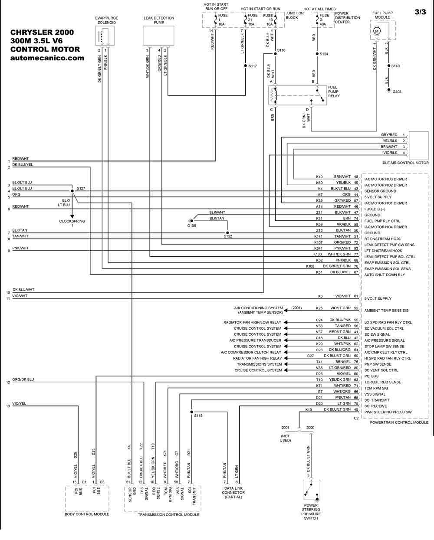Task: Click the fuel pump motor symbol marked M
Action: (x=376, y=31)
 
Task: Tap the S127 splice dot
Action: (x=72, y=191)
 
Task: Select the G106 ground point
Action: (x=192, y=221)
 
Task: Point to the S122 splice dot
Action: (x=227, y=233)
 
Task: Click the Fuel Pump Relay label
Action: (x=334, y=92)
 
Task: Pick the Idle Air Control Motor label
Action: (x=405, y=163)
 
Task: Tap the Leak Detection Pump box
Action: (x=158, y=36)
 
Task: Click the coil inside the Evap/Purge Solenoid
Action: (x=101, y=36)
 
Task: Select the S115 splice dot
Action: (x=192, y=412)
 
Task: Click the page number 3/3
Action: (x=420, y=12)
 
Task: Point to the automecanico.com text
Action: (x=47, y=58)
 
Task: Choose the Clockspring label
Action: (x=72, y=221)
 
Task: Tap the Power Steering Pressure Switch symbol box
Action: (x=311, y=490)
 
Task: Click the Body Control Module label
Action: (x=87, y=514)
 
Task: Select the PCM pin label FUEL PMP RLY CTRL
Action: (x=382, y=221)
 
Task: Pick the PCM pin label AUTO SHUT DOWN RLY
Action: (x=385, y=275)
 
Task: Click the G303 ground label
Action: (x=397, y=92)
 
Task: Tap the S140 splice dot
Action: (x=389, y=66)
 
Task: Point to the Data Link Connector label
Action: (x=233, y=493)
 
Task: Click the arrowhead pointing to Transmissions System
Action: (x=286, y=364)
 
